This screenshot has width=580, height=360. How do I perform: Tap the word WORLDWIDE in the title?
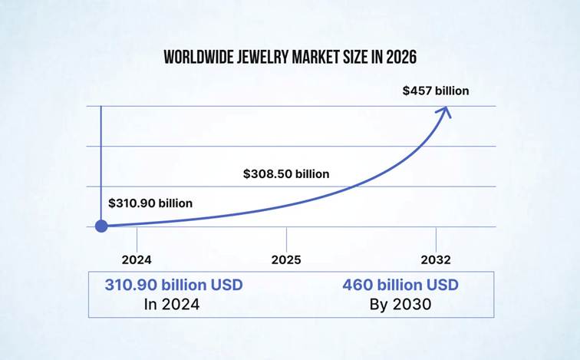pos(193,58)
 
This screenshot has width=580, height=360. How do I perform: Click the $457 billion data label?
pos(436,91)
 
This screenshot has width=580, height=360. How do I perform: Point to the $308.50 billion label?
pos(286,173)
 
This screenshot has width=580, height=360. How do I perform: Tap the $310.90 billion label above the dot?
pos(150,203)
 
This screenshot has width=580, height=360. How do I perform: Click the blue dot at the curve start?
pos(101,226)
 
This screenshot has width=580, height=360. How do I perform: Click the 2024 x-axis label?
pos(137,259)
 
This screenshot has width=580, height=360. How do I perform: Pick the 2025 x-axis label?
pos(286,259)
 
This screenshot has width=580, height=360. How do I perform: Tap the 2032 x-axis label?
pos(436,259)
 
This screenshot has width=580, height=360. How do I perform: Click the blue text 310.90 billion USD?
pos(173,285)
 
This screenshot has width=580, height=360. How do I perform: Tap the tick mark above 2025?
pos(287,236)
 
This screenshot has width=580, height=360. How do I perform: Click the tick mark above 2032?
pos(436,236)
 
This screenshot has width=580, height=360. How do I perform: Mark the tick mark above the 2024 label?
pos(137,236)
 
